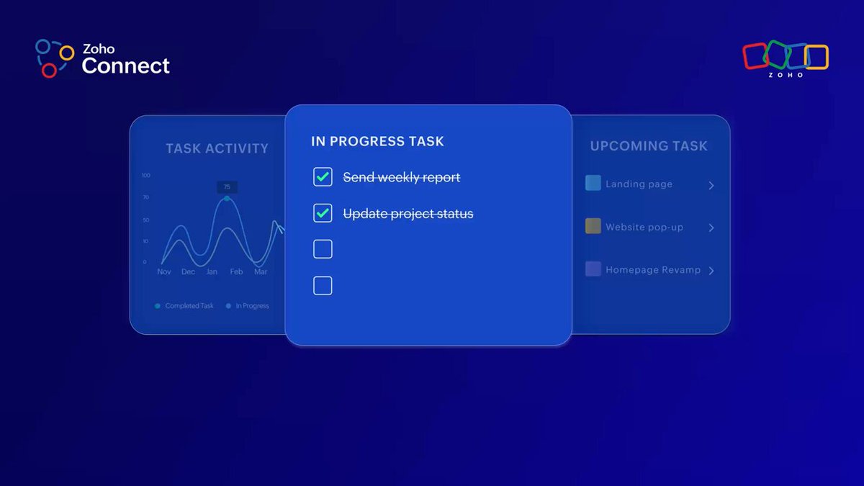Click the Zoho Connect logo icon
coord(55,58)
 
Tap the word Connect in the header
coord(126,66)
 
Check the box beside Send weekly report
coord(323,177)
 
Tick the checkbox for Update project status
coord(323,213)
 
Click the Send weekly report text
coord(402,177)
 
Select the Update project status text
coord(408,214)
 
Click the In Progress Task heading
coord(377,141)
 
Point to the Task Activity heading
coord(217,148)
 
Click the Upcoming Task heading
coord(649,145)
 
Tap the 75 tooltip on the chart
coord(227,187)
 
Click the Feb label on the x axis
coord(236,271)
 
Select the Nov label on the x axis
coord(164,271)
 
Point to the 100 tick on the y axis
coord(145,175)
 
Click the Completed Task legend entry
coord(184,306)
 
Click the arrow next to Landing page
coord(711,186)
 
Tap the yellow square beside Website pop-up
coord(593,226)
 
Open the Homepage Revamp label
coord(653,270)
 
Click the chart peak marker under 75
coord(227,199)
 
